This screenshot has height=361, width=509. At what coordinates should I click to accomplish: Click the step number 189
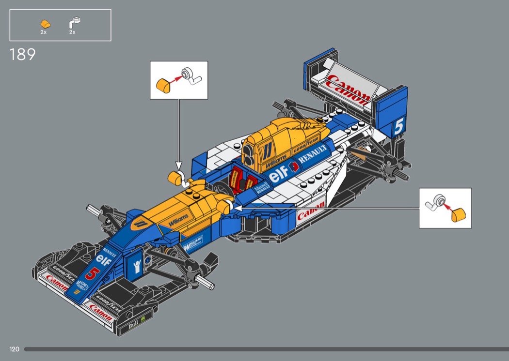(22, 54)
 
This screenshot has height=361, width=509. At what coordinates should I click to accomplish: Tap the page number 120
(14, 349)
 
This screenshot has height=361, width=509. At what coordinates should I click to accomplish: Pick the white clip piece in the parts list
(74, 22)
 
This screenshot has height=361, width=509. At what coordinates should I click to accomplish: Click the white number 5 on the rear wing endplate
(398, 126)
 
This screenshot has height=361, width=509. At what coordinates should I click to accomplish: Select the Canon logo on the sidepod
(310, 211)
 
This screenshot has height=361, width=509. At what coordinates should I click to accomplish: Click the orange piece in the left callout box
(163, 86)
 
